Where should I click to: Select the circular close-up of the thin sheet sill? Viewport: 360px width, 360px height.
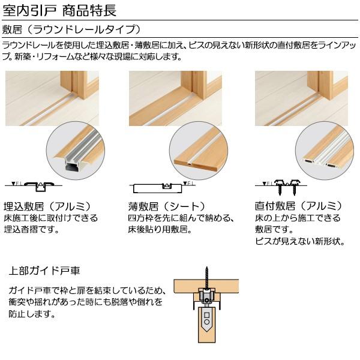coord(198,152)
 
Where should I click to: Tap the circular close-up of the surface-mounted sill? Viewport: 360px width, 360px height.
coord(324,152)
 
